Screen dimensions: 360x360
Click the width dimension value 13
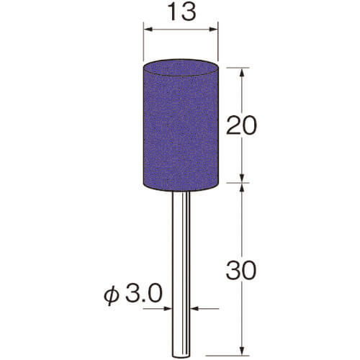(181, 12)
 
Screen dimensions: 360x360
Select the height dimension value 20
(241, 125)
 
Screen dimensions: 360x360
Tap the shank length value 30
(241, 270)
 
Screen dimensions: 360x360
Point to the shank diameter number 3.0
(143, 293)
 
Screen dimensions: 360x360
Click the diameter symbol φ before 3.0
(112, 294)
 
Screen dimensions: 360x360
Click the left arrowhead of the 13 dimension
(148, 30)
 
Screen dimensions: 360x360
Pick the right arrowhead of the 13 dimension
(213, 30)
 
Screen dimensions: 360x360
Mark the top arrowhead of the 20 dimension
(242, 72)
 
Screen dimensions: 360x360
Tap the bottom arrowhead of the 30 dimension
(242, 351)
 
